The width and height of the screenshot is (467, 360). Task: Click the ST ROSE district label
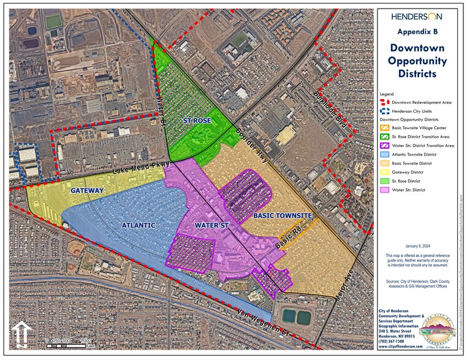[x=197, y=121]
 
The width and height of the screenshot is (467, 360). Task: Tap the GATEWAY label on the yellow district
[x=87, y=191]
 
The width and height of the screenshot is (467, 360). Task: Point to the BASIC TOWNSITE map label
[x=283, y=216]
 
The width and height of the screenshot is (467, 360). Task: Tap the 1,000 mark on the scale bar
[x=85, y=341]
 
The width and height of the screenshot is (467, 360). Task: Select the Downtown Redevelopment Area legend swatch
[x=386, y=102]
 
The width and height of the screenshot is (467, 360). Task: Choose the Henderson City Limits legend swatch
[x=386, y=111]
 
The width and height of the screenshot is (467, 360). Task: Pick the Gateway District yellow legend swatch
[x=386, y=172]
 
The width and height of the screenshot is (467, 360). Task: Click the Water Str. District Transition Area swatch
[x=386, y=146]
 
